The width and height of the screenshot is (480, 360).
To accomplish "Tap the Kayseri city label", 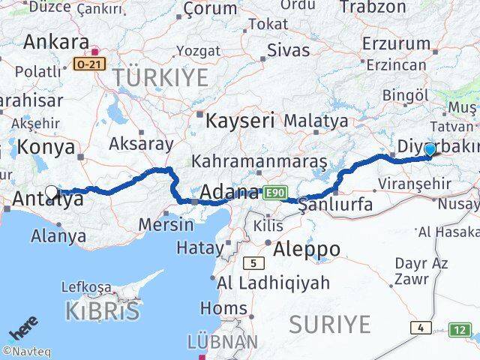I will [240, 120].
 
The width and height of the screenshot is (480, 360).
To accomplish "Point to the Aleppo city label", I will [307, 248].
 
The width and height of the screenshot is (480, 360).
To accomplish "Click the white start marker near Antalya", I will [51, 193].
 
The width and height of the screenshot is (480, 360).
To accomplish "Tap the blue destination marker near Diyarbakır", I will [430, 150].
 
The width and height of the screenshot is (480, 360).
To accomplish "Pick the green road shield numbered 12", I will [461, 329].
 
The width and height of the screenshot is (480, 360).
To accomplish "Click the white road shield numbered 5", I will [254, 262].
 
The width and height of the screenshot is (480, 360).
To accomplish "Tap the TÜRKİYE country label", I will [160, 77].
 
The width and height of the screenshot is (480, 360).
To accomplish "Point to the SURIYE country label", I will [330, 325].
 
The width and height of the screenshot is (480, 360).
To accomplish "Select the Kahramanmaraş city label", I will [259, 161].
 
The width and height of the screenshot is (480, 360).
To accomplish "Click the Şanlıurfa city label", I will [337, 205].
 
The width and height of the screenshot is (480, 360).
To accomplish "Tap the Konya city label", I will [46, 147].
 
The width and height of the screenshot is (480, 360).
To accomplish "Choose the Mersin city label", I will [161, 223].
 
